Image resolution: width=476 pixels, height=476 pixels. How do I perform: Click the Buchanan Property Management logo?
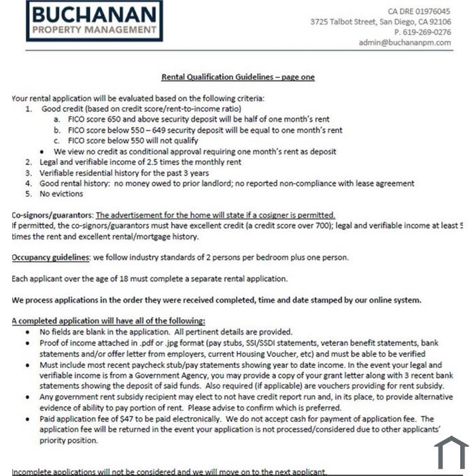tap(95, 21)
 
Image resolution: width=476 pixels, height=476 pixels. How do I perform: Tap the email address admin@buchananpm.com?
tap(405, 42)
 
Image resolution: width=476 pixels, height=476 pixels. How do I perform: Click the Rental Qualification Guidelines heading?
tap(237, 78)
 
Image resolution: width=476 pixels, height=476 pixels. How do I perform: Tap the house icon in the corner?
tap(452, 453)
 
